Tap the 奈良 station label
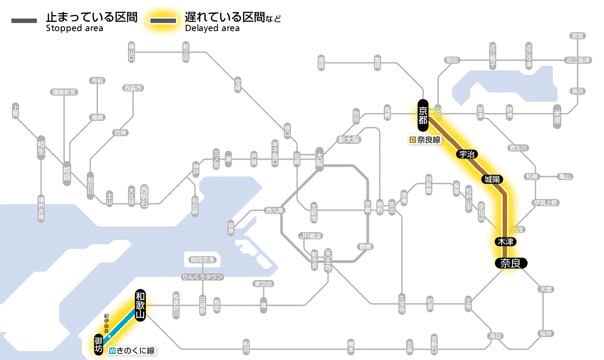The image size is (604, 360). pos(510,263)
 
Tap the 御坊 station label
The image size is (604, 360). pos(99,344)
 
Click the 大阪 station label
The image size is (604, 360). pos(319,160)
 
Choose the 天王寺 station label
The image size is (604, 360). pos(328,261)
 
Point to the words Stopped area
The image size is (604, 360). pos(75,28)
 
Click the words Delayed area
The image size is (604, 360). pos(212,28)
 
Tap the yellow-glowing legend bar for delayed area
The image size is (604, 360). pos(163,21)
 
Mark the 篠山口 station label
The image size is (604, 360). pos(132,52)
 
